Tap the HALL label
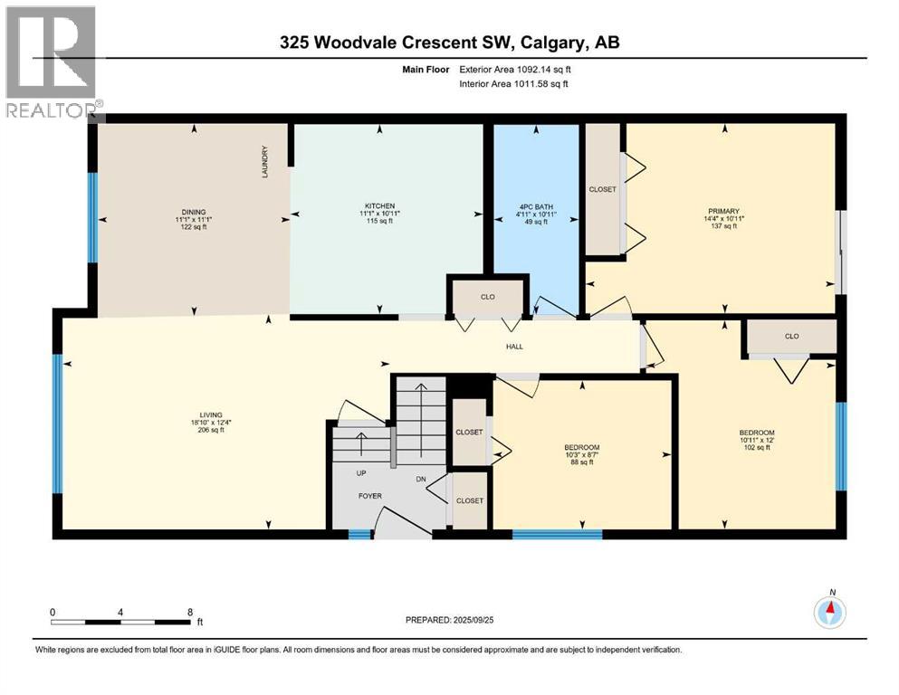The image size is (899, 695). point(515,347)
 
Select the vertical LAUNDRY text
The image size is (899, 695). point(265,162)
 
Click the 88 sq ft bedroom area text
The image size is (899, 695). point(580,462)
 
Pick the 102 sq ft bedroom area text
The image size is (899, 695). point(756,447)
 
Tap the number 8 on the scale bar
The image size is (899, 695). point(188,612)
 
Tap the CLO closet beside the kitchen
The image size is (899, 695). point(486,296)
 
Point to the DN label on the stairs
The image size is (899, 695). point(419,481)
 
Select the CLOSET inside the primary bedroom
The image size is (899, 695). point(602,189)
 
